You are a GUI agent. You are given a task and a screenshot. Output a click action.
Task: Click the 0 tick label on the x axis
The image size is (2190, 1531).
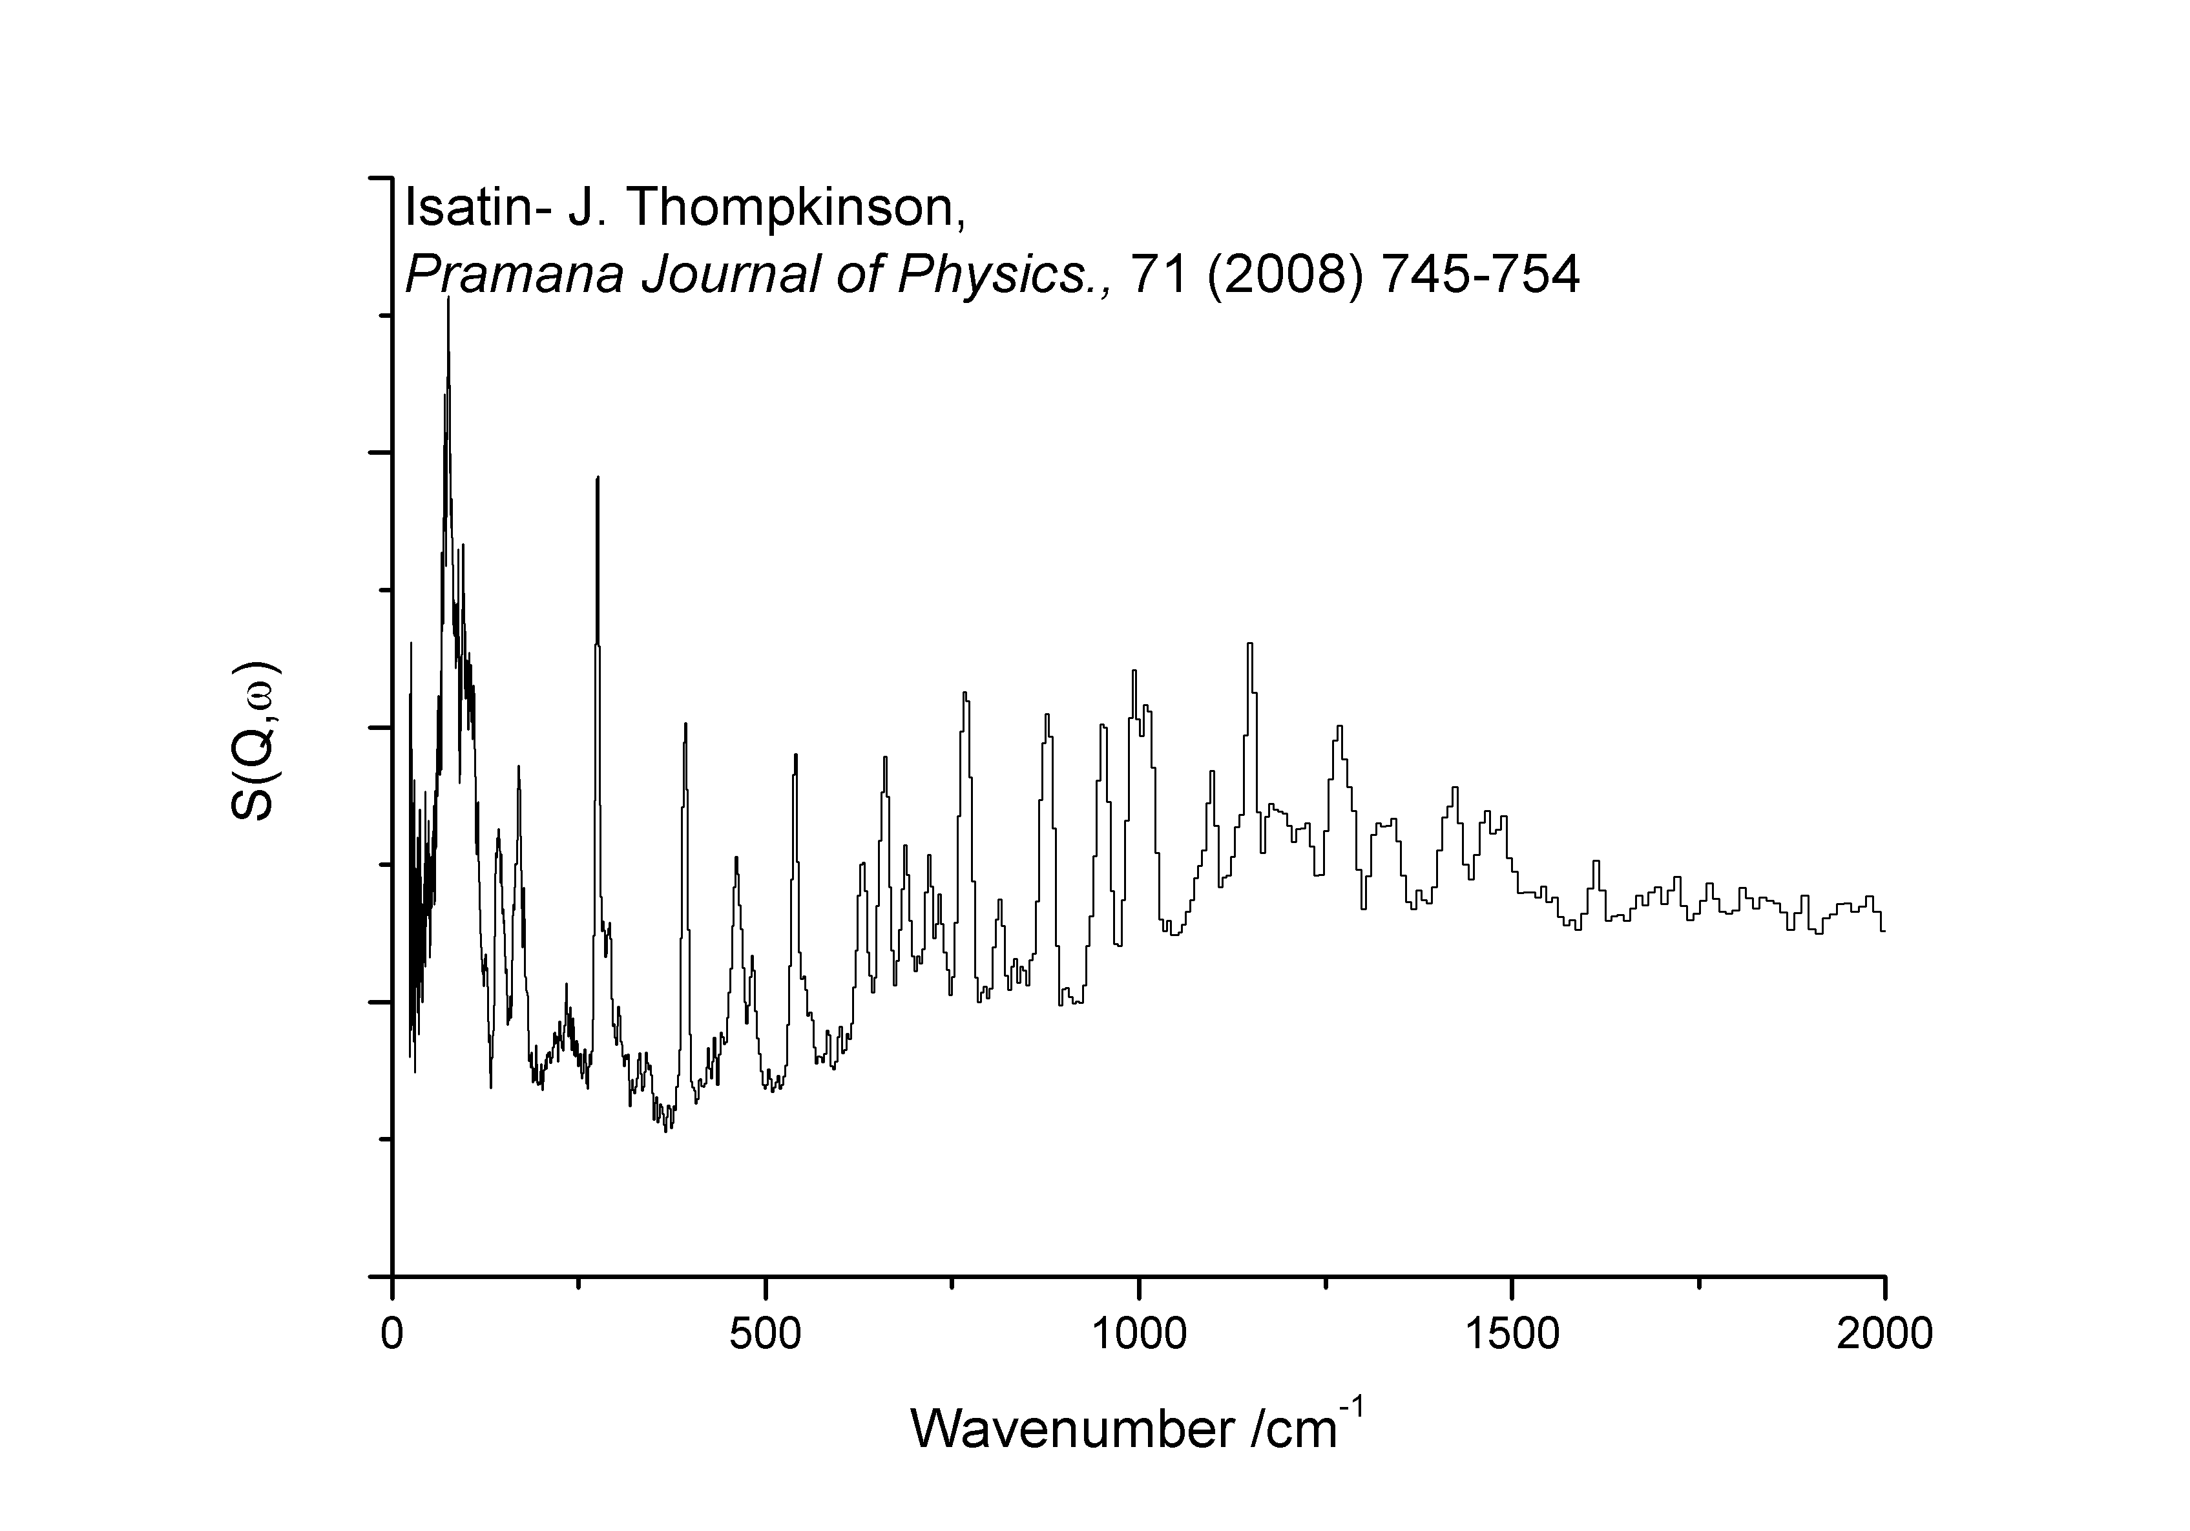click(392, 1333)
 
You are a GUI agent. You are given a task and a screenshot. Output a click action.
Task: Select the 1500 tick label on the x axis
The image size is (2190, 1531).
click(1512, 1333)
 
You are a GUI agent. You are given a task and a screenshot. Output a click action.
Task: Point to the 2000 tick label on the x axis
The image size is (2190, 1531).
click(1884, 1333)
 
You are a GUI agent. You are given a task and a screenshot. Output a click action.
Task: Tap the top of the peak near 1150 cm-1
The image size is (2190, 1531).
click(1249, 644)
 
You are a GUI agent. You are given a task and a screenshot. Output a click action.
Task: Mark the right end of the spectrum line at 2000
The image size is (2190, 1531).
click(1884, 931)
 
